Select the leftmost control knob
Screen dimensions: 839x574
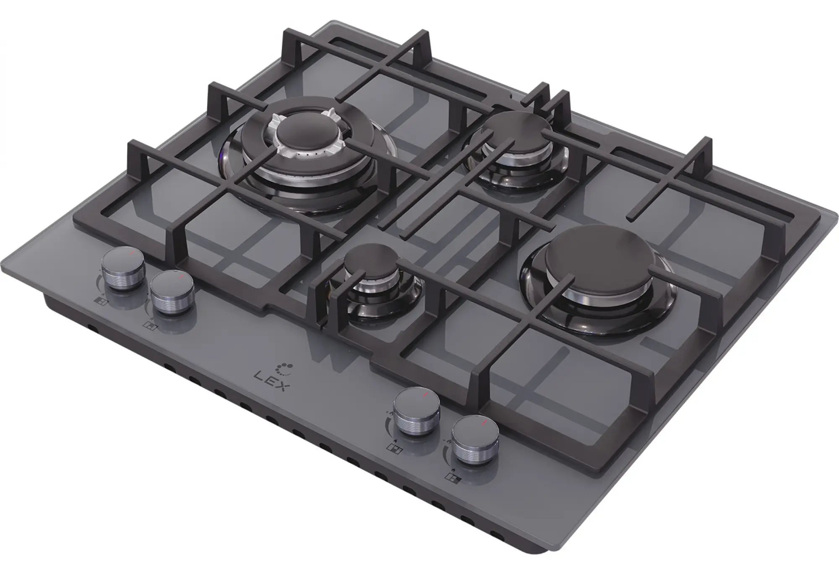point(124,269)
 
